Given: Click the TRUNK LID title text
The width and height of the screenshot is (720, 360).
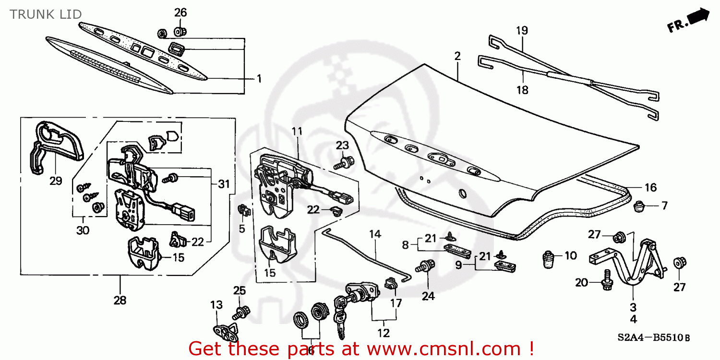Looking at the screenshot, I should point(46,14).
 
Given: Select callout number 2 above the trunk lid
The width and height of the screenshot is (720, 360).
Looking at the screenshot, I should point(457,56).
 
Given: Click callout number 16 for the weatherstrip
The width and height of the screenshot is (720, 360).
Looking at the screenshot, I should point(650,188).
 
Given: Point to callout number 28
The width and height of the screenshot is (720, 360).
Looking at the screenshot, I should point(120,300).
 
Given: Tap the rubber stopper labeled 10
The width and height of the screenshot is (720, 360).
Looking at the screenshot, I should point(548,260).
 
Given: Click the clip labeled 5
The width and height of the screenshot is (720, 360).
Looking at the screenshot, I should point(244,210).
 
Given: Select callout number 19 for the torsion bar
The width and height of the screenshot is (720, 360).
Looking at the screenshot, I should point(522,30).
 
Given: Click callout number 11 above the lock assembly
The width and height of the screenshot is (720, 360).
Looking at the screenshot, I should point(297,131).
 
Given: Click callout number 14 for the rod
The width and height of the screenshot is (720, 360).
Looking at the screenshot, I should point(375,234).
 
